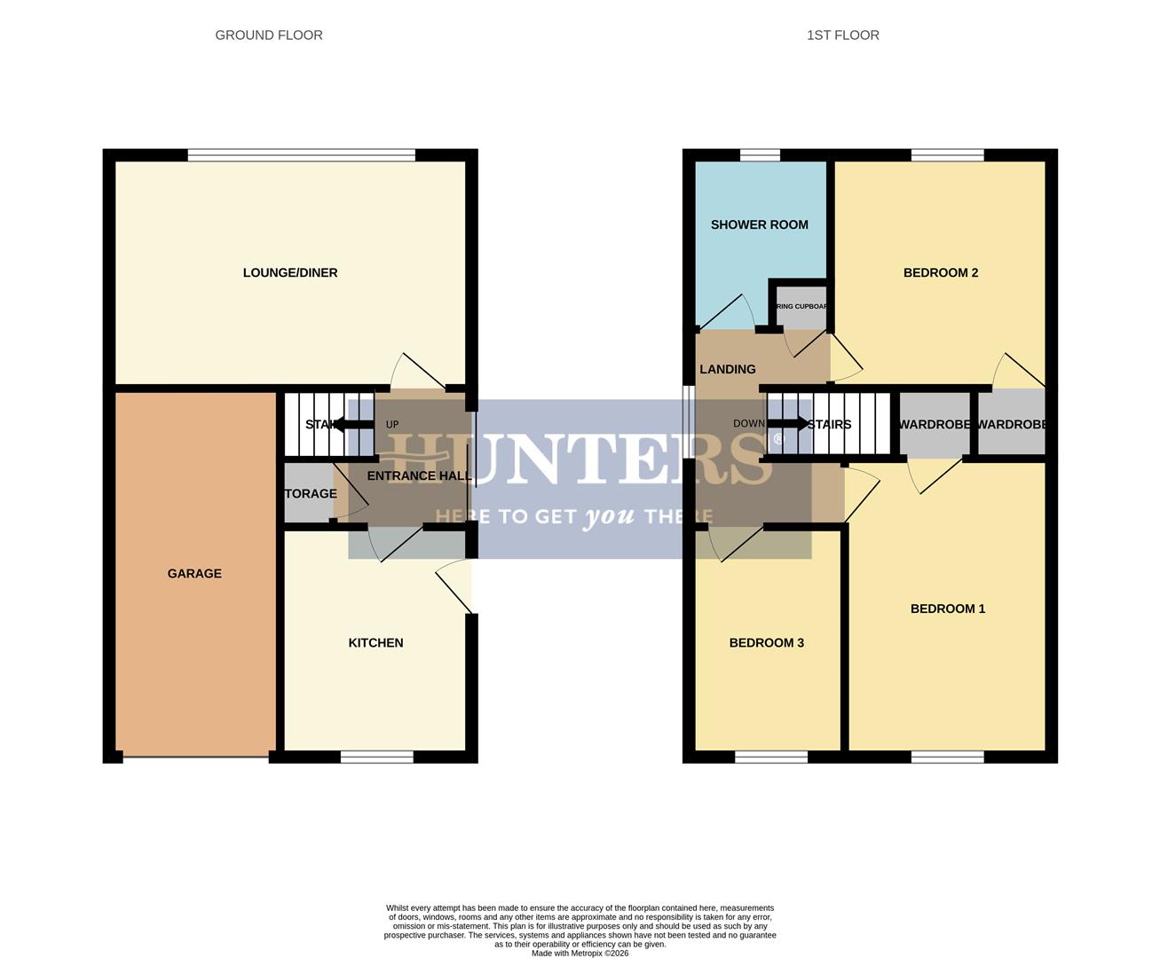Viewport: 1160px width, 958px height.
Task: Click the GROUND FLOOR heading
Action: click(x=269, y=35)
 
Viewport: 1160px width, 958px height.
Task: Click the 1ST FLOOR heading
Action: click(x=842, y=35)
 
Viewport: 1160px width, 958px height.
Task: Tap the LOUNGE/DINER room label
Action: click(x=290, y=272)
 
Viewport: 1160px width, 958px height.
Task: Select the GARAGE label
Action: click(x=194, y=573)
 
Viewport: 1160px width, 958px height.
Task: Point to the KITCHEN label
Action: click(x=375, y=642)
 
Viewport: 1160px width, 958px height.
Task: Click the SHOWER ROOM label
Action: click(x=759, y=224)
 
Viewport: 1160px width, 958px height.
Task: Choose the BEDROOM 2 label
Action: click(x=940, y=272)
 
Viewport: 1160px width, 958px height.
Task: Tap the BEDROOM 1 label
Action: click(x=947, y=609)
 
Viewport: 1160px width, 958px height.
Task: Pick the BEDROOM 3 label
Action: click(x=766, y=642)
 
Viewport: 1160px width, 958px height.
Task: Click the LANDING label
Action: click(x=728, y=369)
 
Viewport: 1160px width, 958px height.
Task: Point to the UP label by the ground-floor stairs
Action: click(x=392, y=425)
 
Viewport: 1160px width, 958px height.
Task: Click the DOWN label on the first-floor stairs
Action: click(x=748, y=424)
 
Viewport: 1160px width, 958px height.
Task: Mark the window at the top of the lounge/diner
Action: click(x=302, y=155)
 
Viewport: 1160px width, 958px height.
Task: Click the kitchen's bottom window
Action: click(x=377, y=757)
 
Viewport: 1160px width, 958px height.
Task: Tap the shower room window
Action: click(x=760, y=155)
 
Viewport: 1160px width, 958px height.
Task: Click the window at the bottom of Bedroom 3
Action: click(x=771, y=757)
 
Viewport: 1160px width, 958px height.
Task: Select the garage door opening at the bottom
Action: click(x=196, y=757)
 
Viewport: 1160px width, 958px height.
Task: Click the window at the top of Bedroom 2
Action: click(x=947, y=155)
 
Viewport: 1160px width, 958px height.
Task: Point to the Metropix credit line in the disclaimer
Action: click(x=580, y=954)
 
